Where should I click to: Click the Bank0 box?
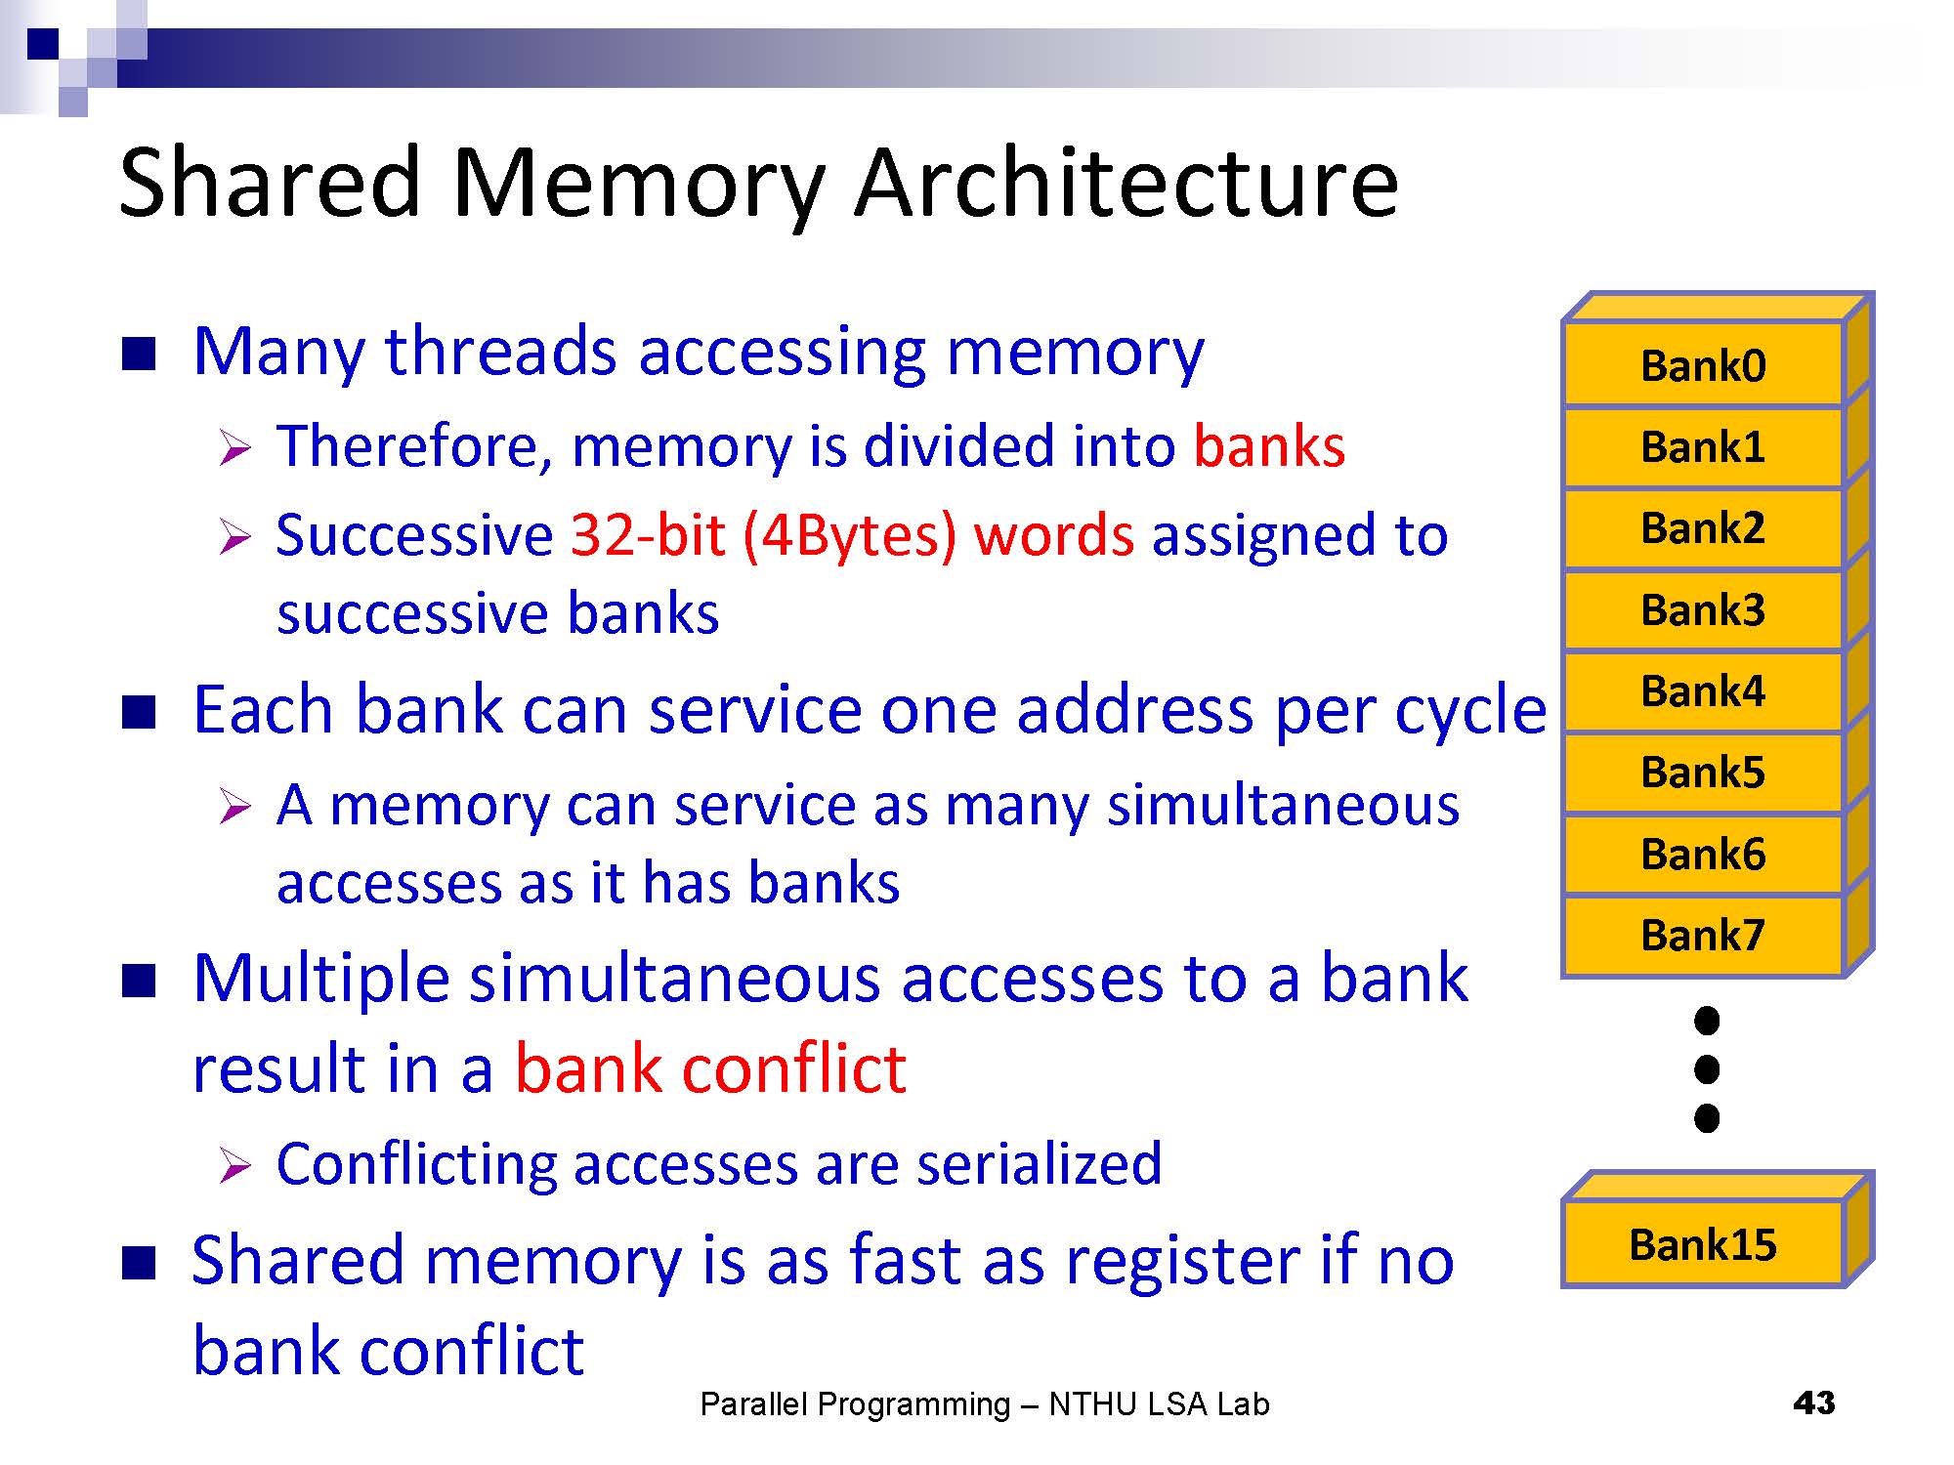click(x=1703, y=365)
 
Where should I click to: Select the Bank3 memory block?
click(x=1703, y=609)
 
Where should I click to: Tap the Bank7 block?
click(x=1703, y=935)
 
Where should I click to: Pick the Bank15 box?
click(x=1703, y=1244)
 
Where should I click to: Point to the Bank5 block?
click(x=1703, y=772)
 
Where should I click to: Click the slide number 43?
click(x=1813, y=1403)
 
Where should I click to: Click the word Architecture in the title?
click(x=1126, y=183)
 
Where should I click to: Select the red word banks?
click(x=1269, y=446)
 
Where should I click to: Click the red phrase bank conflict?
click(x=710, y=1067)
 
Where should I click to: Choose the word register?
click(x=1183, y=1260)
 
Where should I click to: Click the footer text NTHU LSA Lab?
click(x=1159, y=1404)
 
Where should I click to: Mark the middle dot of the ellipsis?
click(x=1706, y=1069)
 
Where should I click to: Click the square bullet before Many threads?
click(x=139, y=355)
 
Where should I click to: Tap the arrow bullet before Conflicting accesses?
click(x=234, y=1165)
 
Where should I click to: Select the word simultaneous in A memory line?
click(x=1283, y=806)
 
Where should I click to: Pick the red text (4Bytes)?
click(x=849, y=535)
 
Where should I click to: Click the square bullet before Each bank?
click(x=139, y=712)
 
